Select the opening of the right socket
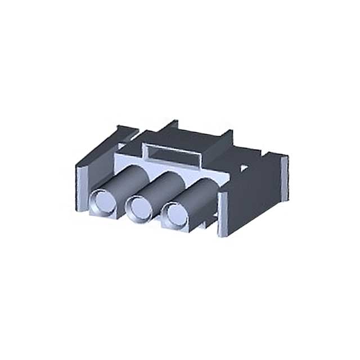point(176,214)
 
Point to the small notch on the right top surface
point(244,167)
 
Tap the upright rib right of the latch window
point(226,137)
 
